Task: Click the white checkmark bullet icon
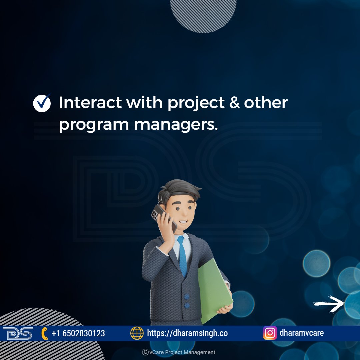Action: tap(42, 103)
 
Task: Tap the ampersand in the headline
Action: tap(234, 102)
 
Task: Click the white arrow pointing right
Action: tap(329, 304)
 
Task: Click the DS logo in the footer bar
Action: tap(18, 333)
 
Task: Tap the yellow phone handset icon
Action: tap(45, 333)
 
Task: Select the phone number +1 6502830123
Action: tap(78, 333)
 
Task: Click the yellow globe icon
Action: tap(137, 333)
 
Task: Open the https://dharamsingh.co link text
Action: tap(187, 333)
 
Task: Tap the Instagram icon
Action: tap(270, 333)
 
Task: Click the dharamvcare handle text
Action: tap(302, 333)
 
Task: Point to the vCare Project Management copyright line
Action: tap(179, 352)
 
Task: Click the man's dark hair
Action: tap(179, 190)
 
